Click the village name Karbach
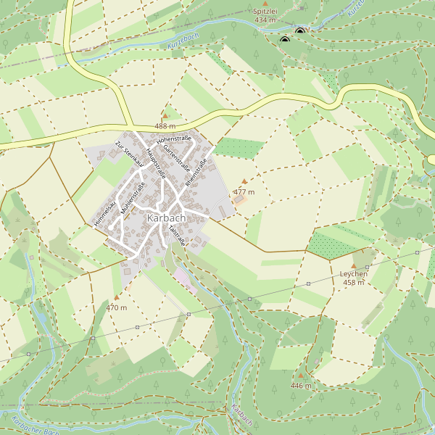click(166, 217)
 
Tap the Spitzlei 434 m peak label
click(265, 16)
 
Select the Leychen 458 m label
click(354, 278)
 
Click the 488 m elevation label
click(165, 126)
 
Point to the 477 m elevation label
click(244, 192)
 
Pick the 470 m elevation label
click(117, 307)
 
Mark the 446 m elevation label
click(301, 386)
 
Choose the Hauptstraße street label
click(156, 163)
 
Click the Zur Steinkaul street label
click(129, 154)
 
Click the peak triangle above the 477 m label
click(244, 181)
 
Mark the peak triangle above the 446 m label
click(301, 376)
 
